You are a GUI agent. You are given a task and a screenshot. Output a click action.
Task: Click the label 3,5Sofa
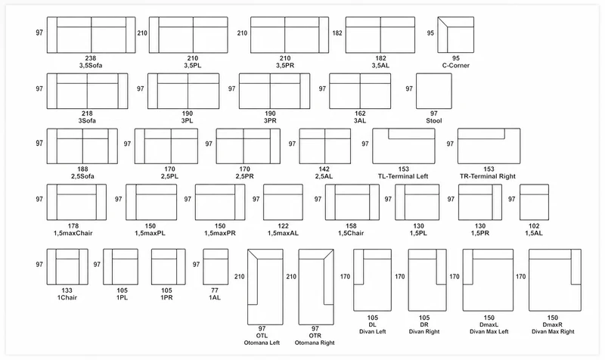91,66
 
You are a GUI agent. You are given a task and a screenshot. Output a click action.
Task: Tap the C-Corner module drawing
456,35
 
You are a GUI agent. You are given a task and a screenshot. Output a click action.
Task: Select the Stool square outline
433,91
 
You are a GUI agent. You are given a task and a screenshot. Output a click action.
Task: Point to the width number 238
91,58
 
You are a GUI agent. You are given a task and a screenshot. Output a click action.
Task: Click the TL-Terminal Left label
403,176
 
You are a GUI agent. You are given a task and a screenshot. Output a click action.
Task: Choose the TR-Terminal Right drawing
489,146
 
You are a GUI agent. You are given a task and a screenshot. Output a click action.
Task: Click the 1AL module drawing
216,267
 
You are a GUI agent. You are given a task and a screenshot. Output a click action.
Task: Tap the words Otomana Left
262,343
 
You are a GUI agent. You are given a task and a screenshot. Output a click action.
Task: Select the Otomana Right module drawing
316,287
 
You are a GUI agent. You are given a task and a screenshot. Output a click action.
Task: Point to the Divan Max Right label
553,331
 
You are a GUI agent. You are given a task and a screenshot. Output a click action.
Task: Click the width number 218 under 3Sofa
87,113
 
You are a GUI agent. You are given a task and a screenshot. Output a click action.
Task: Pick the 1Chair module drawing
67,267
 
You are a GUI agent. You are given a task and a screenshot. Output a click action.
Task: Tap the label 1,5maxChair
73,233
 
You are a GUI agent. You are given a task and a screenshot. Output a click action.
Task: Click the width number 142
324,169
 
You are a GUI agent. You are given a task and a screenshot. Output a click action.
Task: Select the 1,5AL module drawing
535,202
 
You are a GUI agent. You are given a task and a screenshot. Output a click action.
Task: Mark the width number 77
215,290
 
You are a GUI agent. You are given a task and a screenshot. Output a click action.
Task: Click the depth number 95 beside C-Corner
430,33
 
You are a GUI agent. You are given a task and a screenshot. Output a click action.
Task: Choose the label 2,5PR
244,176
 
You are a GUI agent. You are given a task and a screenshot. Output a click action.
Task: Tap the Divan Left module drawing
372,280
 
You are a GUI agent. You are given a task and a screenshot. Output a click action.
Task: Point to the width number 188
82,169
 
